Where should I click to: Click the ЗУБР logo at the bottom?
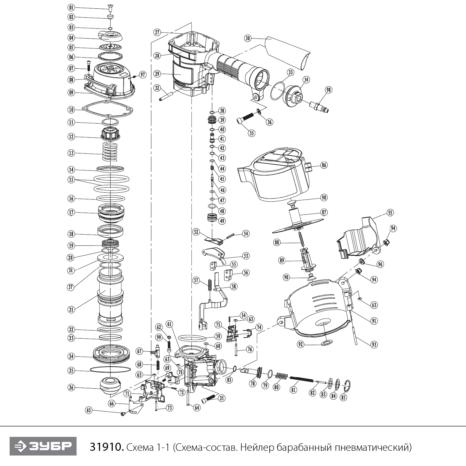tap(43, 446)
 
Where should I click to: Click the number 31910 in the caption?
tap(107, 447)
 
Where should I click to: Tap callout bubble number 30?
tap(247, 38)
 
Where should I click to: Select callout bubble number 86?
tap(324, 165)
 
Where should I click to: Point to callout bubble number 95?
tap(390, 212)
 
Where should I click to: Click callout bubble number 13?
tap(71, 153)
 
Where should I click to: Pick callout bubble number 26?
tap(71, 387)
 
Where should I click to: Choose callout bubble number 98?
tap(328, 90)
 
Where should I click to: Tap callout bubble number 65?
tap(89, 410)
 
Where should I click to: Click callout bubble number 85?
tap(343, 397)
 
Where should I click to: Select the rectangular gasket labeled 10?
tap(108, 110)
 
